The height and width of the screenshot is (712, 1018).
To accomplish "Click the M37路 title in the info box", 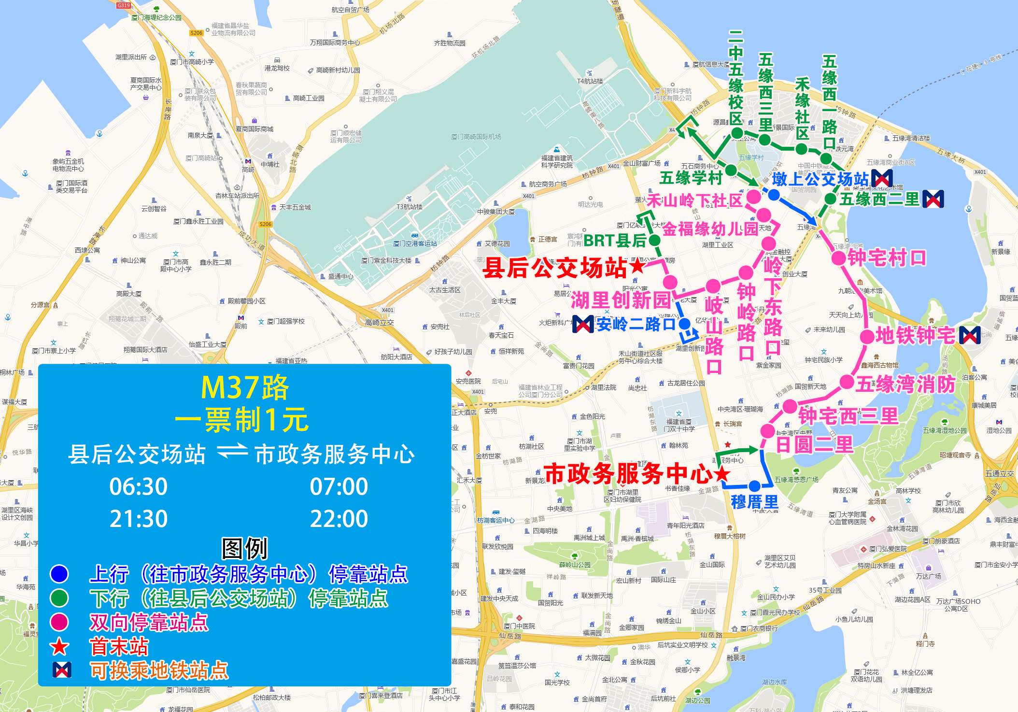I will click(x=244, y=387).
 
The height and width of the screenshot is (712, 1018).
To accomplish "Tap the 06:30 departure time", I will click(x=138, y=486).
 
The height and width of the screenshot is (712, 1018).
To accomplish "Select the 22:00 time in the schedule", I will click(x=339, y=519).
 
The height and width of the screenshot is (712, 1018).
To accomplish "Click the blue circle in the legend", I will click(x=59, y=574).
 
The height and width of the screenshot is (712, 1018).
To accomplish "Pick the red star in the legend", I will click(x=59, y=646).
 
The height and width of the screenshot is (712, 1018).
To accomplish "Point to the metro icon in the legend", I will click(x=61, y=670).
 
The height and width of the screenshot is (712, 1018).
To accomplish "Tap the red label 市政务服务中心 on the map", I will click(x=628, y=473).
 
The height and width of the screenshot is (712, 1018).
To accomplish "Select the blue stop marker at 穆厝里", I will click(x=755, y=486).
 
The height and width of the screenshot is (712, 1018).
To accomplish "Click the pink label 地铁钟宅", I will click(x=915, y=335).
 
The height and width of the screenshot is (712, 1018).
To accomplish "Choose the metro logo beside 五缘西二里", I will click(x=933, y=199).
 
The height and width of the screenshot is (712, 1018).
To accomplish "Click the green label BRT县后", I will click(x=614, y=241).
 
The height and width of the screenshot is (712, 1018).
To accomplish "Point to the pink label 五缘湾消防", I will click(x=905, y=384).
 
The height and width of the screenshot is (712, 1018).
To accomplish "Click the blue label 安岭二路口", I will click(x=636, y=324).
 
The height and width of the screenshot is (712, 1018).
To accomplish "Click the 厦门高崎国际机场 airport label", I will click(x=476, y=137).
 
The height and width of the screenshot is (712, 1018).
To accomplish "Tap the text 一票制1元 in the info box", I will click(x=241, y=420).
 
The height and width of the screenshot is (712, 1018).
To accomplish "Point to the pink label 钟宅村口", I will click(x=887, y=258).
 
